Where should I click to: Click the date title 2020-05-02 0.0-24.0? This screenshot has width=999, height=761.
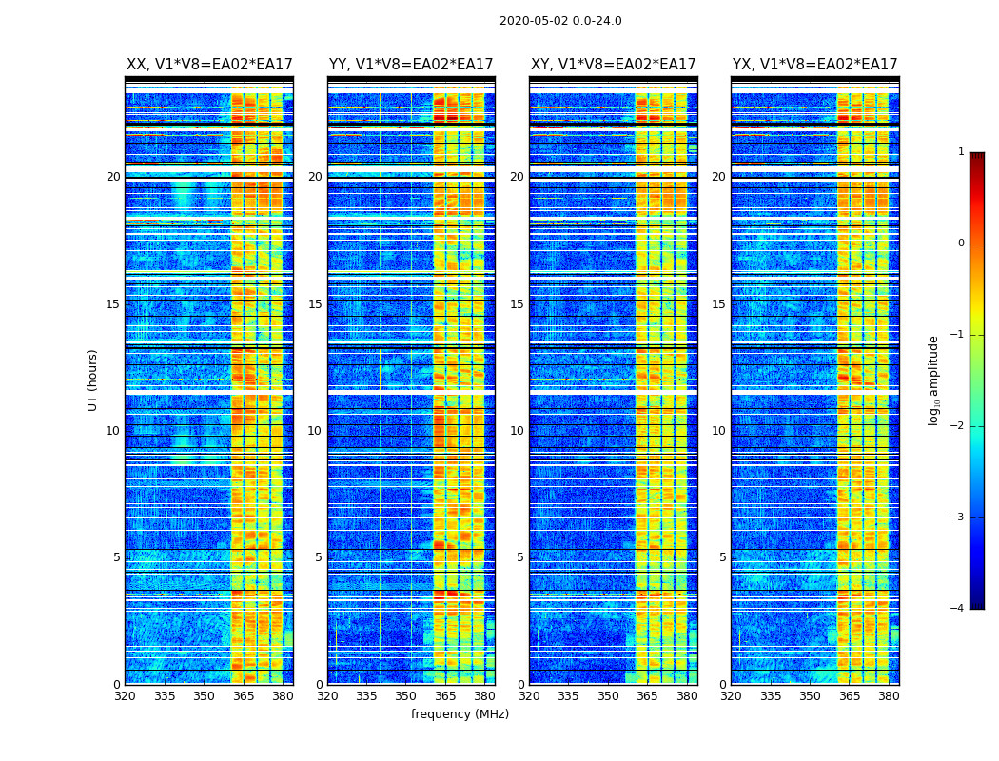coord(560,21)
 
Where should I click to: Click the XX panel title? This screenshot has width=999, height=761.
coord(209,65)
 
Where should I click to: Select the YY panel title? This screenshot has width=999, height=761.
coord(411,65)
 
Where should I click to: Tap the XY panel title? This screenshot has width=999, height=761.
coord(613,65)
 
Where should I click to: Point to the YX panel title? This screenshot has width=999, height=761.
coord(814,65)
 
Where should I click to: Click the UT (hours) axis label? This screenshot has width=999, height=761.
coord(93,380)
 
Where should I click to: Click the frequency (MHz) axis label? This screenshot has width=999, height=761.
coord(460,714)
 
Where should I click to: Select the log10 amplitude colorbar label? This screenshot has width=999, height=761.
coord(933,380)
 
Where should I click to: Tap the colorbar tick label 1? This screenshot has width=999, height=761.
coord(960,152)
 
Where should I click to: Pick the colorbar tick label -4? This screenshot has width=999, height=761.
coord(958,609)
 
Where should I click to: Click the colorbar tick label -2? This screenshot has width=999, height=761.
coord(958,426)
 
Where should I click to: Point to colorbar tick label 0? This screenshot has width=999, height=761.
coord(960,244)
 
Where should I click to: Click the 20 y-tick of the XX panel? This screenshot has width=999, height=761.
coord(113,177)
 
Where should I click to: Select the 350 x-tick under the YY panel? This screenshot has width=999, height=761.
coord(406,696)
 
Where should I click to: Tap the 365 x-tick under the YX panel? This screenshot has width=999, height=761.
coord(850,696)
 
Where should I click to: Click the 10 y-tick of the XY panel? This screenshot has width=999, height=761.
coord(517,431)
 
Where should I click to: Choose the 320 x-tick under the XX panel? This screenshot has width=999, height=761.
coord(125,696)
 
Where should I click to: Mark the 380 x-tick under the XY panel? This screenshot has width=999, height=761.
coord(687,696)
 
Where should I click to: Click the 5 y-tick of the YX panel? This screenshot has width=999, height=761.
coord(722,557)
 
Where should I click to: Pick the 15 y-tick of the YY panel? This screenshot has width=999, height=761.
coord(315,304)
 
